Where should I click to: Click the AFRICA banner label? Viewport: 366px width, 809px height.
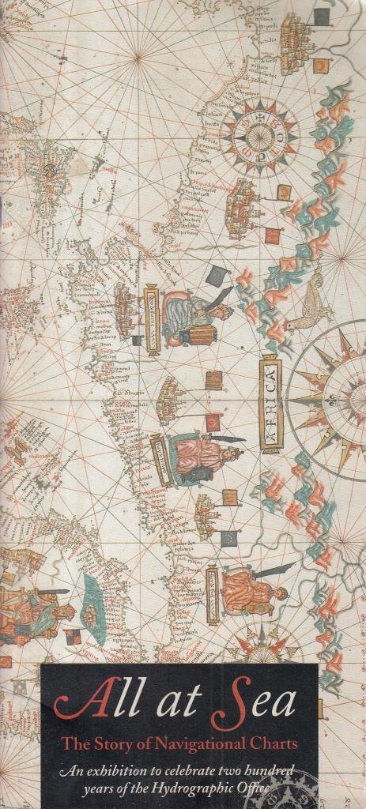(x=270, y=403)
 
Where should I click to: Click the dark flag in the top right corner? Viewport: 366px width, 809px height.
(x=320, y=16)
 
